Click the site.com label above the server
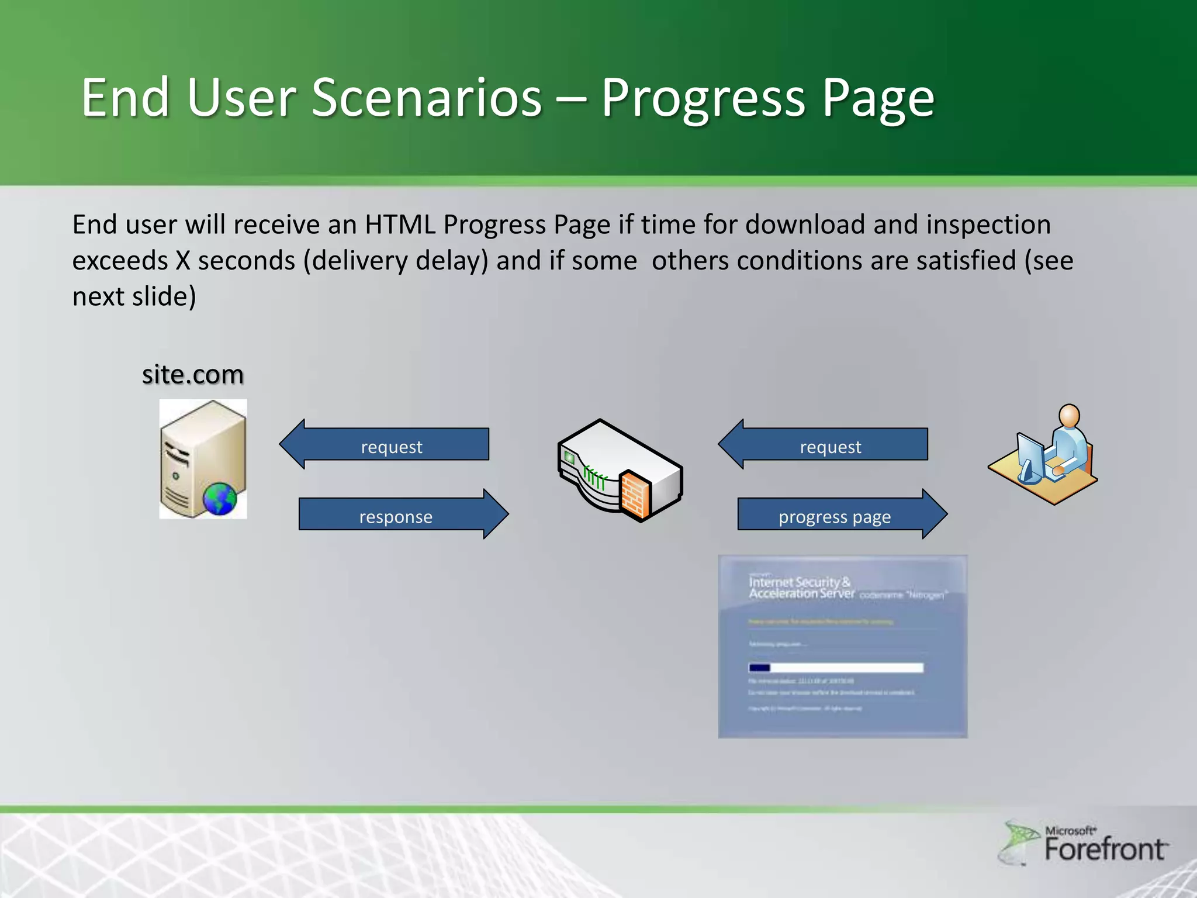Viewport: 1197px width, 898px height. click(x=192, y=374)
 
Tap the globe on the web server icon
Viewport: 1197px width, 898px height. click(x=220, y=499)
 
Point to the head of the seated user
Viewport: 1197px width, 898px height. click(x=1069, y=416)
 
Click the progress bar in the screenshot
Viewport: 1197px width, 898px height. click(x=836, y=668)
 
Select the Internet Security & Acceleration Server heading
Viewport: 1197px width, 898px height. click(x=801, y=588)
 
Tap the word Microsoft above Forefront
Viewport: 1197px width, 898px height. click(x=1070, y=830)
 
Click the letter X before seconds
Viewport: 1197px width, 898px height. click(x=184, y=261)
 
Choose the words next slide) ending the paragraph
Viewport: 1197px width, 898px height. click(x=134, y=296)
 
